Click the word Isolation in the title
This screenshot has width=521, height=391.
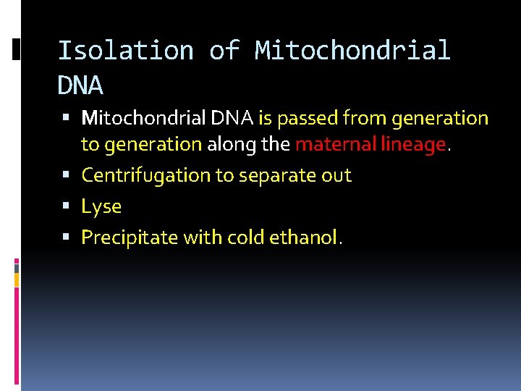click(125, 51)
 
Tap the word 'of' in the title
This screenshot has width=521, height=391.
click(224, 51)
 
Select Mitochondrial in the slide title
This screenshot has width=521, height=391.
click(352, 51)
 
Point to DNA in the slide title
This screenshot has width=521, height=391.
click(80, 86)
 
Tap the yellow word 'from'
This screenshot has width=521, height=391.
click(364, 117)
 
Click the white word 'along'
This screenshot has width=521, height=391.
click(232, 144)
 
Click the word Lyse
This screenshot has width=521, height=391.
click(101, 206)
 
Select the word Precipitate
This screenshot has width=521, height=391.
click(126, 237)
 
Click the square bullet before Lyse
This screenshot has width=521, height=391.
click(67, 206)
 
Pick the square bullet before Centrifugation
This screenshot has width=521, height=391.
click(67, 175)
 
